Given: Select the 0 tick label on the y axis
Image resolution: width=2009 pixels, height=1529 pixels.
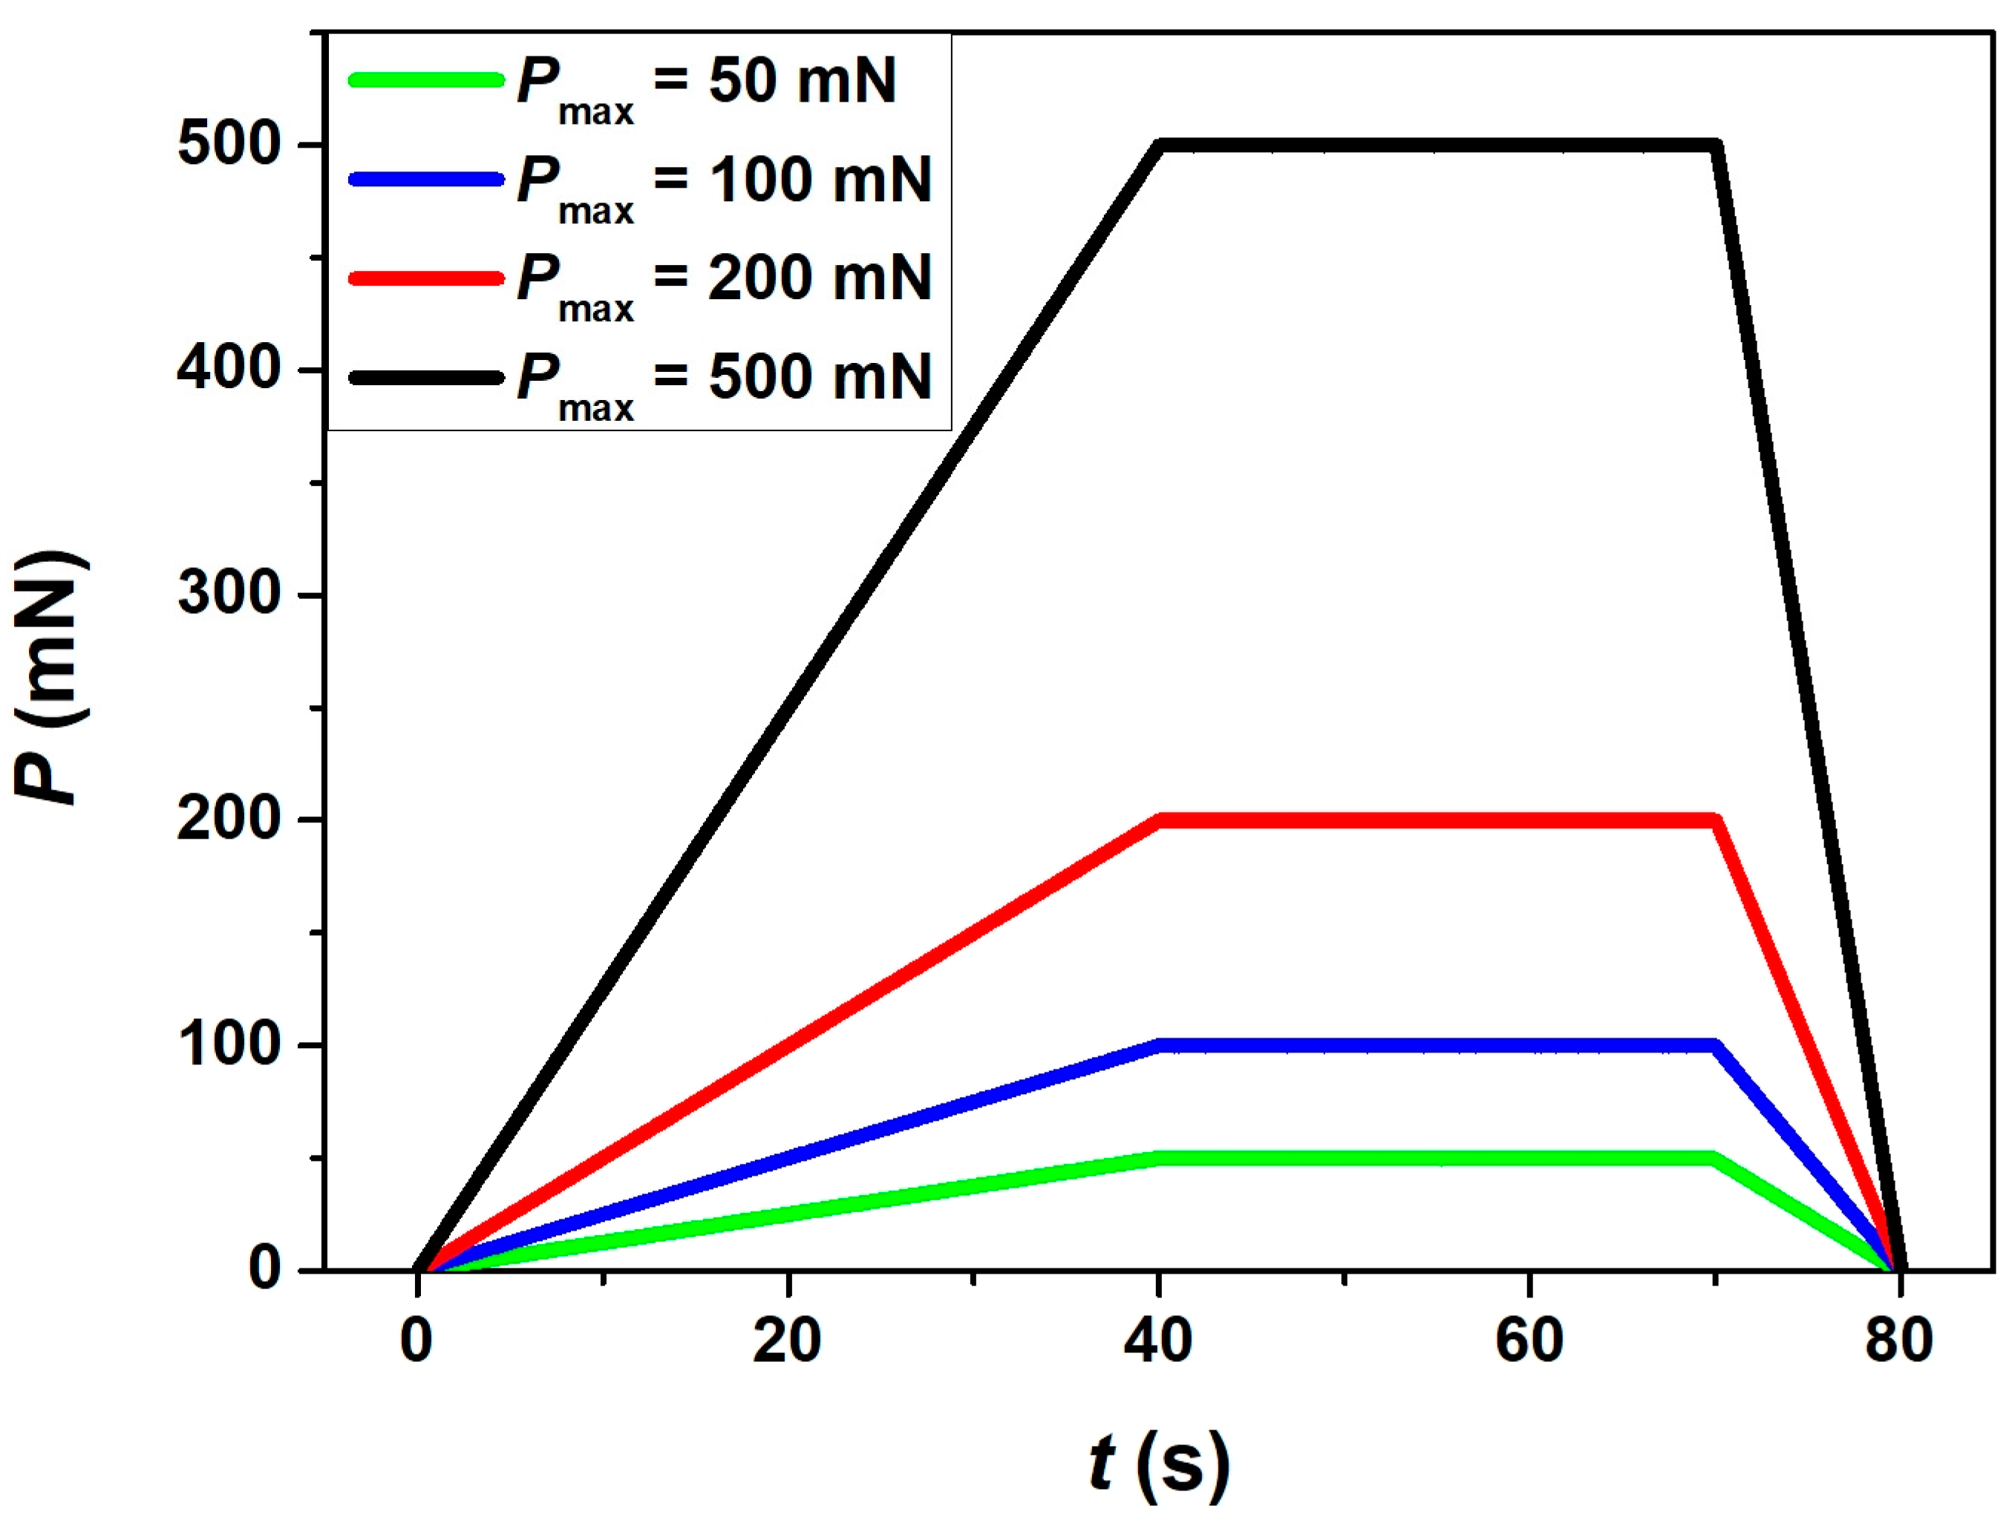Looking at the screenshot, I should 264,1268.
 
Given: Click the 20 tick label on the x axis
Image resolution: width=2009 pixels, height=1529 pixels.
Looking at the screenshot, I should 786,1341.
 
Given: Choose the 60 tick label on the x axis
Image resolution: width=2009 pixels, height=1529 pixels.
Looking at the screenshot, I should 1529,1341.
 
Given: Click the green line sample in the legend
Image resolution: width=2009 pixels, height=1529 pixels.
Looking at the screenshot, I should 425,80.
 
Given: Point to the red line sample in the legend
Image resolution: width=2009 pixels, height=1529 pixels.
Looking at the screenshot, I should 425,278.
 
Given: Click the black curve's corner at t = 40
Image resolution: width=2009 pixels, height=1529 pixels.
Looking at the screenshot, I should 1159,145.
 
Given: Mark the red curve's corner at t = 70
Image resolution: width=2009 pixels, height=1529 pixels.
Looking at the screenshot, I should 1714,820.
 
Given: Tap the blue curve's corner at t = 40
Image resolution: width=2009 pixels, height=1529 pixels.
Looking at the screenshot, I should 1159,1045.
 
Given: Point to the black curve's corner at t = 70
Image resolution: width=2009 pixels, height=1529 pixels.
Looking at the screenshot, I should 1715,145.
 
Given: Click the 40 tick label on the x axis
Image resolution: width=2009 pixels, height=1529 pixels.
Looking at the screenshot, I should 1158,1341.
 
